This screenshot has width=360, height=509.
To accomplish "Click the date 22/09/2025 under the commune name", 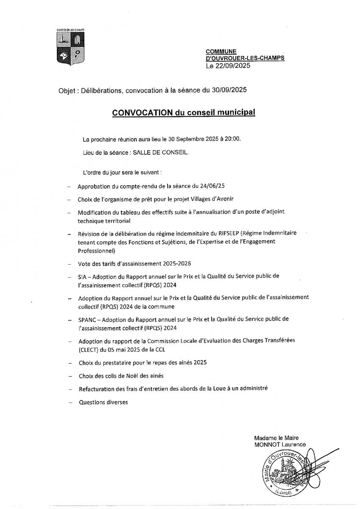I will click(x=233, y=66).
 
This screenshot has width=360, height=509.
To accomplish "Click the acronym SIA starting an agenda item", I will click(x=82, y=276).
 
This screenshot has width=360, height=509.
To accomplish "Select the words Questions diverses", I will click(x=103, y=402).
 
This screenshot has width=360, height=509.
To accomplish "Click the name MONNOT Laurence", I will click(x=280, y=444).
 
